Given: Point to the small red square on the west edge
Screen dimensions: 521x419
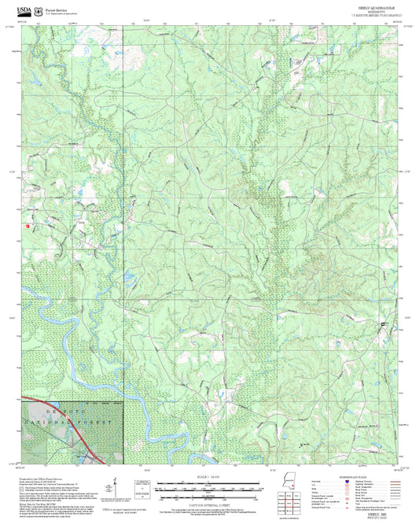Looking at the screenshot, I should coord(29,226).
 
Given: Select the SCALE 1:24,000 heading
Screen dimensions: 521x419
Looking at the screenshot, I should coord(210,475).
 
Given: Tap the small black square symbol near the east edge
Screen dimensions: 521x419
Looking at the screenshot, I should coord(384,324).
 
